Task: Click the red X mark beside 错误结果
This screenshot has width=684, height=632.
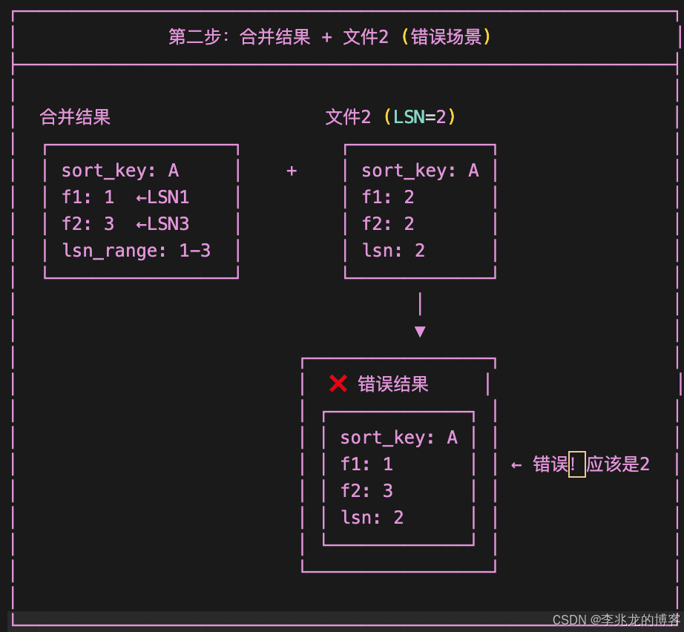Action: tap(338, 384)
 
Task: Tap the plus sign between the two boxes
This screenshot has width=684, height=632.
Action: tap(292, 171)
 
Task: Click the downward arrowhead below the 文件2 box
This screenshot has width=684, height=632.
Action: tap(420, 332)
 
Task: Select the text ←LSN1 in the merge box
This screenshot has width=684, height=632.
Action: tap(162, 197)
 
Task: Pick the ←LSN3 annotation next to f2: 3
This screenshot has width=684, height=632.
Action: tap(162, 224)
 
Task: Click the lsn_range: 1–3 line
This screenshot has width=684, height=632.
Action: tap(136, 251)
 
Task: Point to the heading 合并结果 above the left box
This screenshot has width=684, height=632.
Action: tap(75, 117)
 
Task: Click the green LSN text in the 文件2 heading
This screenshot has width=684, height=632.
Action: tap(408, 117)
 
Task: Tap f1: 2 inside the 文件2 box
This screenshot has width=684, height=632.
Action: tap(387, 197)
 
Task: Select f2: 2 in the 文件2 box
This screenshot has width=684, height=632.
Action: tap(387, 224)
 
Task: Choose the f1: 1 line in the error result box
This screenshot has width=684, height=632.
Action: tap(366, 464)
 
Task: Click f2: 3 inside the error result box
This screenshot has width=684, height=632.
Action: tap(366, 491)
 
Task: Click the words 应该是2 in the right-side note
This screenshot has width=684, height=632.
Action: tap(618, 465)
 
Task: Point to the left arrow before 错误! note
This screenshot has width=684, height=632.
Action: tap(516, 465)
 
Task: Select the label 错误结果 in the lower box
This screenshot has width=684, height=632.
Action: tap(393, 384)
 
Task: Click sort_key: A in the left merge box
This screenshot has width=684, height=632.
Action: tap(120, 171)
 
